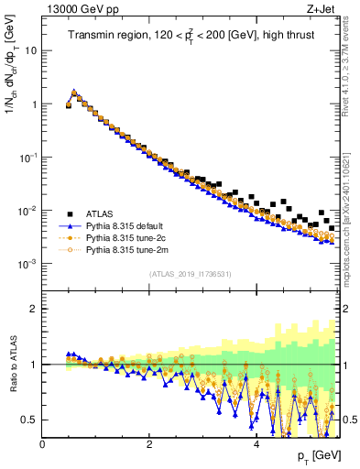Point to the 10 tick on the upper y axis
click(33, 50)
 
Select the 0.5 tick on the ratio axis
click(30, 420)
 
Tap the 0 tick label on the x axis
click(43, 444)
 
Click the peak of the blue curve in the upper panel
click(74, 92)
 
